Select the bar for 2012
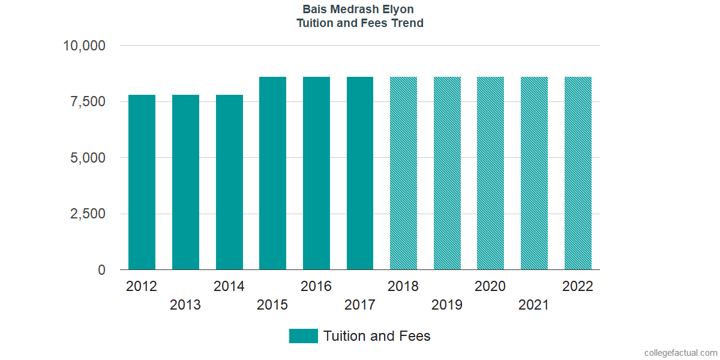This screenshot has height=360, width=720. click(x=142, y=182)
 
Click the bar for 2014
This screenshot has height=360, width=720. click(x=229, y=182)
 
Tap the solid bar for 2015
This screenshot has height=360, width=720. click(x=272, y=173)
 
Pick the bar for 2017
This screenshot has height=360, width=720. click(x=360, y=173)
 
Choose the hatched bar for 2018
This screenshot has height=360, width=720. click(x=403, y=173)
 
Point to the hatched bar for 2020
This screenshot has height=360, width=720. click(x=490, y=173)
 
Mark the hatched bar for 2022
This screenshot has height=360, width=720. click(x=578, y=173)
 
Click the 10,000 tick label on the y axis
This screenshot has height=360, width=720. click(x=85, y=46)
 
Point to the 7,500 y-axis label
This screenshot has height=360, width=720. click(x=88, y=101)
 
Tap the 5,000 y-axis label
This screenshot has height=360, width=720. click(x=88, y=158)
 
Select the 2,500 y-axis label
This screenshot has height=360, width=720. click(x=88, y=214)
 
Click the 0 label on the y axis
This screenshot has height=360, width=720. click(x=101, y=270)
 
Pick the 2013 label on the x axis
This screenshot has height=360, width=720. click(x=185, y=305)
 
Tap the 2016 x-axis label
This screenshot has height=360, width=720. click(x=316, y=286)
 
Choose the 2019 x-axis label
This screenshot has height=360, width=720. click(x=447, y=305)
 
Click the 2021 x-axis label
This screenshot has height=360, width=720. click(x=534, y=305)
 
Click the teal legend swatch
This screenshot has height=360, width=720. click(x=303, y=336)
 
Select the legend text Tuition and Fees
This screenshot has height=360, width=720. click(x=377, y=336)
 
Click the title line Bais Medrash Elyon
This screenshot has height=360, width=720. click(x=358, y=10)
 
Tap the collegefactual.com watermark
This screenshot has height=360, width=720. click(x=680, y=352)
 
